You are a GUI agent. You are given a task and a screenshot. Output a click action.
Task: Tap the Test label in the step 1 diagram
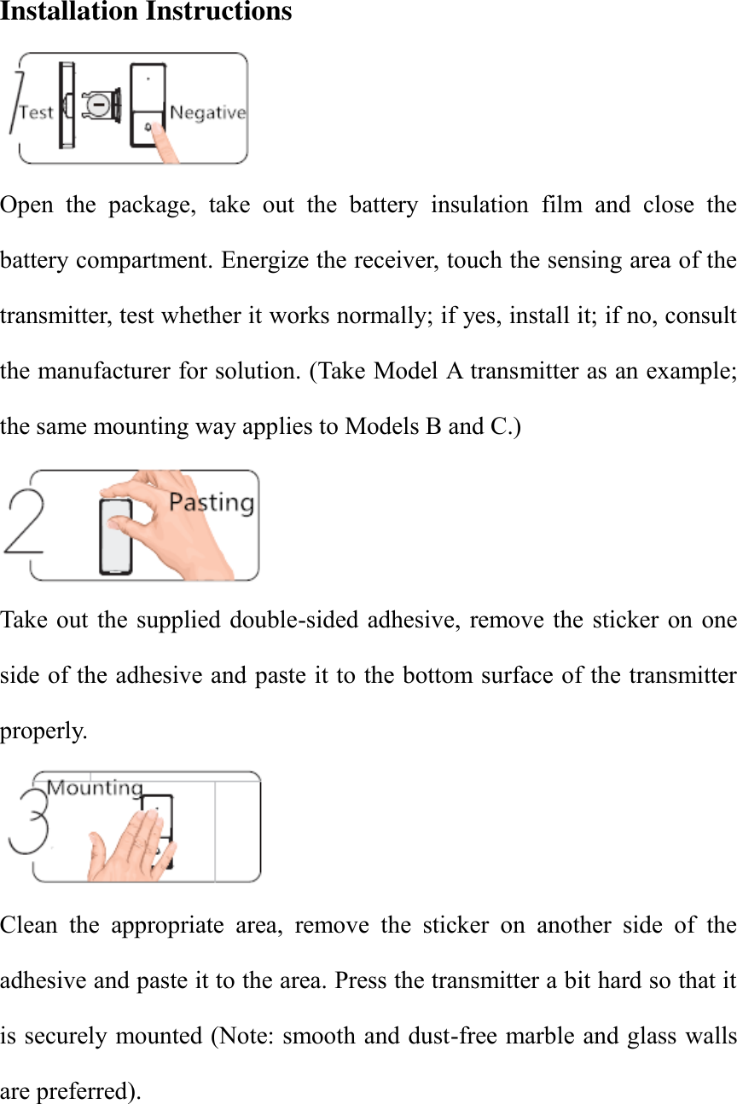pyautogui.click(x=36, y=112)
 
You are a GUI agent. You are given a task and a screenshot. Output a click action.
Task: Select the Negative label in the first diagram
pyautogui.click(x=207, y=113)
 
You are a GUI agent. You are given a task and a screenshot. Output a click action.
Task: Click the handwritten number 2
pyautogui.click(x=25, y=524)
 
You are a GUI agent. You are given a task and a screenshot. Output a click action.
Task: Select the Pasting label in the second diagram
pyautogui.click(x=211, y=502)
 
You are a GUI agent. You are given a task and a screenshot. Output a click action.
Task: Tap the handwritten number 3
pyautogui.click(x=29, y=824)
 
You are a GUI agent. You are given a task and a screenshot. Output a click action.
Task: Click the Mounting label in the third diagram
pyautogui.click(x=94, y=787)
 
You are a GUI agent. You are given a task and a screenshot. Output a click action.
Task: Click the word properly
pyautogui.click(x=43, y=731)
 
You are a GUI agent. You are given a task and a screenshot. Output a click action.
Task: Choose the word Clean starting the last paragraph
pyautogui.click(x=28, y=925)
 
